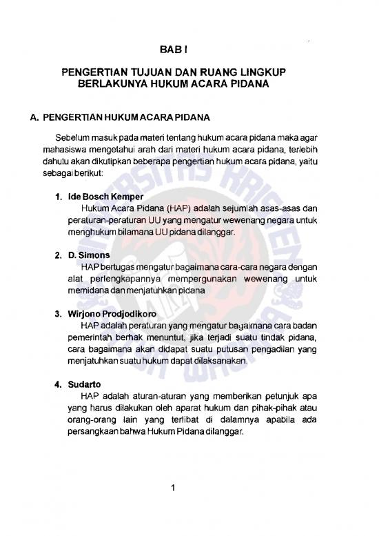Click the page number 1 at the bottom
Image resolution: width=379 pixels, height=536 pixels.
175,489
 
